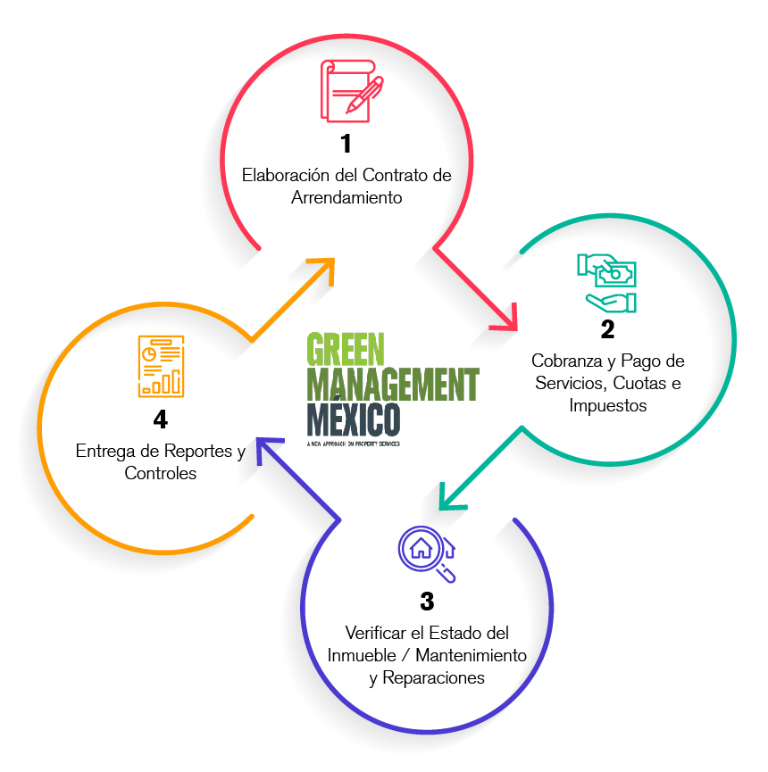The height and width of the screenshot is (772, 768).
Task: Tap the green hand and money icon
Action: (606, 282)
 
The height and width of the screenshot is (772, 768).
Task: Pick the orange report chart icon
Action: (162, 366)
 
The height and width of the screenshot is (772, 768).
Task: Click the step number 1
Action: (346, 144)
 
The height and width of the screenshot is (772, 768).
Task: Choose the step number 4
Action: (161, 419)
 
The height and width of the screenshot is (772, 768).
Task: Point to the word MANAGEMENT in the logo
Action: (392, 385)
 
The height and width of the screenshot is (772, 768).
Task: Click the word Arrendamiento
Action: (346, 197)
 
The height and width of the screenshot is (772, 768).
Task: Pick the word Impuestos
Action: (607, 404)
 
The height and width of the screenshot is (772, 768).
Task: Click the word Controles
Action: (161, 473)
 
